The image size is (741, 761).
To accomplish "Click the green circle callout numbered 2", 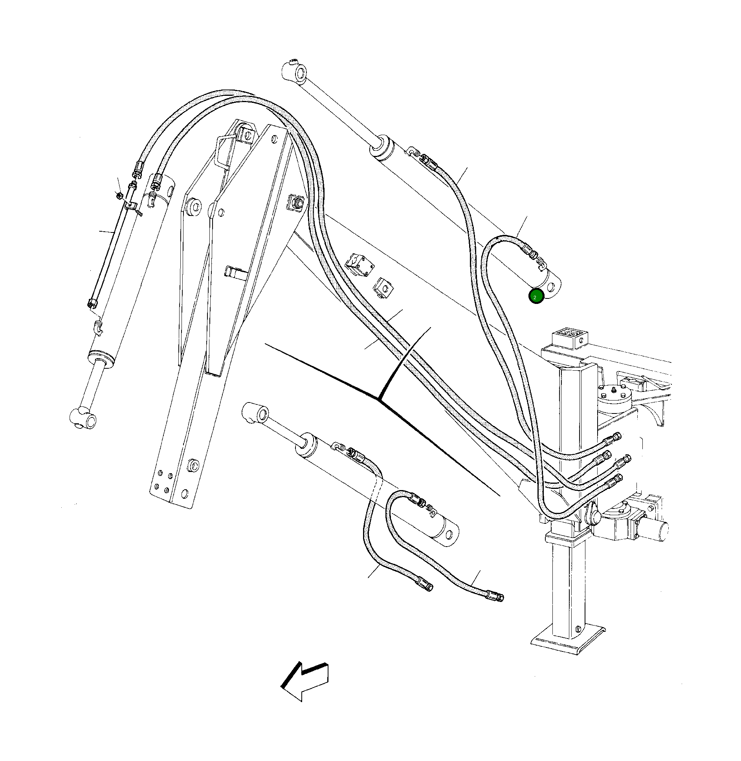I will click(x=536, y=296).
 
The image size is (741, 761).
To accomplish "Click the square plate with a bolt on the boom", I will click(x=296, y=203).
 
